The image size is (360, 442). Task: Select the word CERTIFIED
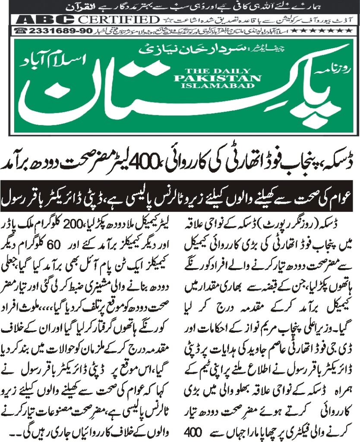tap(118, 20)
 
